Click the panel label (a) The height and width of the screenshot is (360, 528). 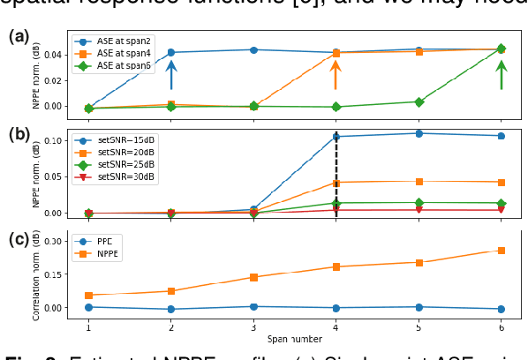pyautogui.click(x=19, y=36)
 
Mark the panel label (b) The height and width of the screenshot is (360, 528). pyautogui.click(x=19, y=135)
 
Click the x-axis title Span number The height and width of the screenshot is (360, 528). pyautogui.click(x=294, y=338)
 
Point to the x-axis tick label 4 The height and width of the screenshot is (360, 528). pyautogui.click(x=336, y=326)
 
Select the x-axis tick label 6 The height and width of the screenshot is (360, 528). pyautogui.click(x=501, y=326)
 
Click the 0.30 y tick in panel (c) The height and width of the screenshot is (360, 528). pyautogui.click(x=53, y=241)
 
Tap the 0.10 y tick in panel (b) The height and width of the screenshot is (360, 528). pyautogui.click(x=53, y=141)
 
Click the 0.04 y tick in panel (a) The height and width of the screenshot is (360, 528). pyautogui.click(x=53, y=55)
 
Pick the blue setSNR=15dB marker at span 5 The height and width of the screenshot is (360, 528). pyautogui.click(x=419, y=133)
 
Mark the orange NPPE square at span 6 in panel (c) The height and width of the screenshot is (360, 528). pyautogui.click(x=501, y=251)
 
